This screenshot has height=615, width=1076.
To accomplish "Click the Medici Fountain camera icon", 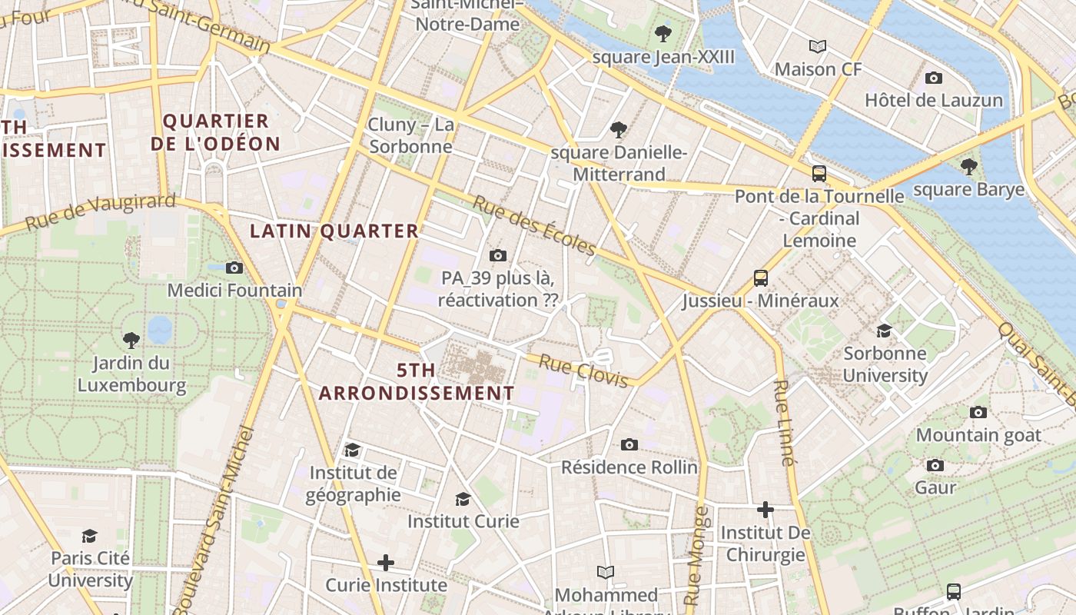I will coord(234,268).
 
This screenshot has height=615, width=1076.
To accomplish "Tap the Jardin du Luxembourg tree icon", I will coord(131,339).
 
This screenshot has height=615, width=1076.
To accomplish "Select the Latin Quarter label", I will coord(334,231).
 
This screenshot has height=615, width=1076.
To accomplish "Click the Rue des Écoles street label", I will coord(534,225).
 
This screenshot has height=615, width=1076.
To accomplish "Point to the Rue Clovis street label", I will coord(583,371).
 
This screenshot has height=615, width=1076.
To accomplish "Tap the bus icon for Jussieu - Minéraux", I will coord(760,278).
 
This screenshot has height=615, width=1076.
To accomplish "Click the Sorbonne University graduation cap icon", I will coord(885,331).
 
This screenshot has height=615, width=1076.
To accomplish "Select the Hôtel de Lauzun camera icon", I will coord(934,78).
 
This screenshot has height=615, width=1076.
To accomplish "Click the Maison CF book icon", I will coord(818,46).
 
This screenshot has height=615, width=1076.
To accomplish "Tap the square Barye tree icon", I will coord(969,166).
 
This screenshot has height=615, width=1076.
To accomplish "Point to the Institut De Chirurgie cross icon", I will coord(765,510).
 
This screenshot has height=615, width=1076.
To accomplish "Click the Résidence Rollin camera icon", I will coord(629,444).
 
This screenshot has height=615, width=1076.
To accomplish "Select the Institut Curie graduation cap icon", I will coord(463,499).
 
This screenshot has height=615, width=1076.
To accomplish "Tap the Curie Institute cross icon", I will coord(386,563).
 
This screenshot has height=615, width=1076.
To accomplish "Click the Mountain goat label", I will coord(978,435).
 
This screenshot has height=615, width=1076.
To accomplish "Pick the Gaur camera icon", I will coord(935,465).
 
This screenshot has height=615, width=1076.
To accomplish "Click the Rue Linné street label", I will coord(783,424).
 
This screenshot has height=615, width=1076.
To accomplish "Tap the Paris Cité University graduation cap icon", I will coord(90,535).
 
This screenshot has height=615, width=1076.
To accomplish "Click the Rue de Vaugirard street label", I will coord(100,212).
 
